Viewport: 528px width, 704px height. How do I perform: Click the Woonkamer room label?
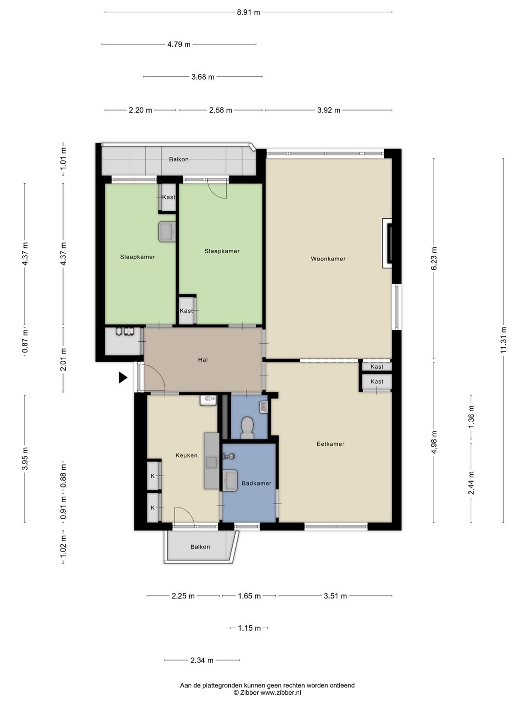[x=328, y=259]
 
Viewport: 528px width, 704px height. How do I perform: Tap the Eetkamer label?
[x=330, y=444]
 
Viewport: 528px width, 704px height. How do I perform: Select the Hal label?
[x=203, y=360]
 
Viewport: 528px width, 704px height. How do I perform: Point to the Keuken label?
[x=186, y=455]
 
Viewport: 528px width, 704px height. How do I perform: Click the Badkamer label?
[x=257, y=483]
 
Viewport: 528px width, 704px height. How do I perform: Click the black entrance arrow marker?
[x=123, y=377]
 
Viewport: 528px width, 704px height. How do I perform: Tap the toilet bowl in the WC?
[x=247, y=427]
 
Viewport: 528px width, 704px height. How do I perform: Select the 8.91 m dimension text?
[x=248, y=13]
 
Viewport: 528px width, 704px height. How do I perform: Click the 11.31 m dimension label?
[x=504, y=340]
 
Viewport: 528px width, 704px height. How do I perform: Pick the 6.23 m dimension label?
[x=434, y=258]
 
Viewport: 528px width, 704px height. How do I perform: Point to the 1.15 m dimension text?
[x=249, y=628]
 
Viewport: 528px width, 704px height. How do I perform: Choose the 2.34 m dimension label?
[x=202, y=660]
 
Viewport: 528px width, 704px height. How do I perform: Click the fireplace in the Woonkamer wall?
[x=387, y=243]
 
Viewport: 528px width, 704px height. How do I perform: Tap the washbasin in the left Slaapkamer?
[x=167, y=232]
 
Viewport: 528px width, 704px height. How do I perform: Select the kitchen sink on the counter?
[x=212, y=462]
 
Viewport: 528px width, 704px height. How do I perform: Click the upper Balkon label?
[x=179, y=159]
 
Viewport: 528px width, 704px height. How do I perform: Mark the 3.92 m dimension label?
[x=329, y=110]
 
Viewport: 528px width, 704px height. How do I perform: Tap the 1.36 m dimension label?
[x=471, y=417]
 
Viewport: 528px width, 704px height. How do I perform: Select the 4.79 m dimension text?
[x=179, y=44]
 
